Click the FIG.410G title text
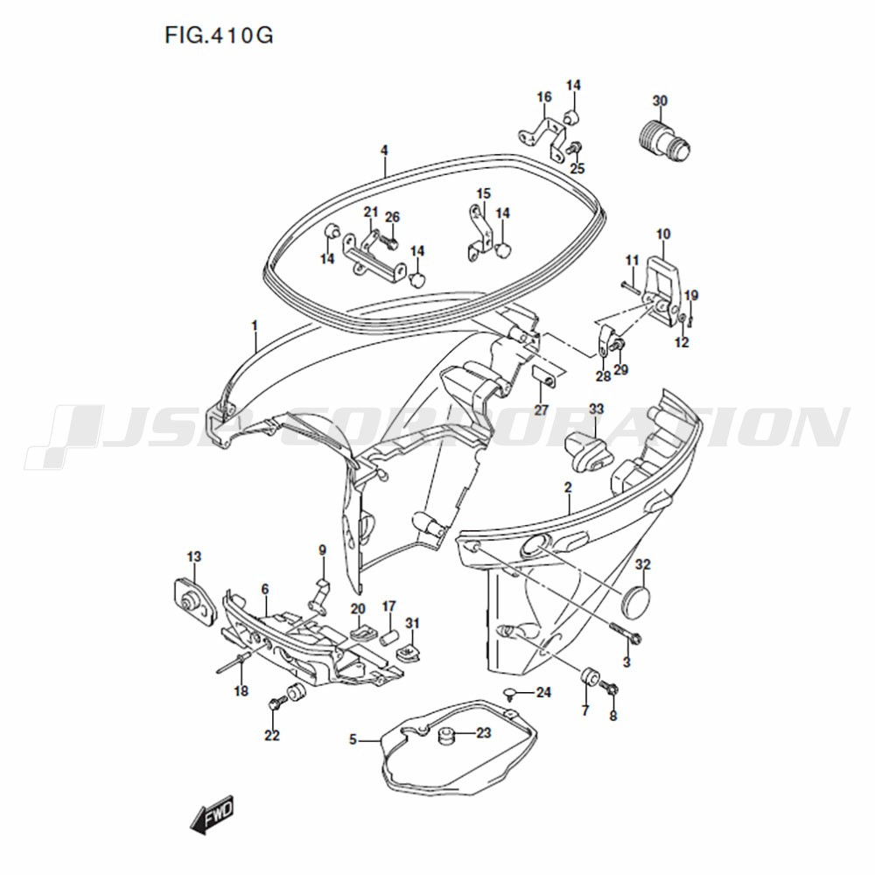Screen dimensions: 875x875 click(219, 36)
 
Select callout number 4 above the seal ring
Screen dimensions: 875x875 click(384, 150)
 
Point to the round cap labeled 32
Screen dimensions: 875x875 click(635, 599)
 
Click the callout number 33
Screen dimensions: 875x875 click(597, 409)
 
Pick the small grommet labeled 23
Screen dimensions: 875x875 click(444, 737)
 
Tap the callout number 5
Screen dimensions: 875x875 click(353, 740)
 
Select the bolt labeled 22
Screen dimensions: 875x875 click(274, 704)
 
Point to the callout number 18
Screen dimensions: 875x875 click(241, 691)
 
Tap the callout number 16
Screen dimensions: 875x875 click(544, 97)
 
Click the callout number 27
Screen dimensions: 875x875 click(542, 409)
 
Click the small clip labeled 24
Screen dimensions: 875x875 click(509, 694)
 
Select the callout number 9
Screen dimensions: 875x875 click(322, 550)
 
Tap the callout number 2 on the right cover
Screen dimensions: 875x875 click(568, 487)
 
